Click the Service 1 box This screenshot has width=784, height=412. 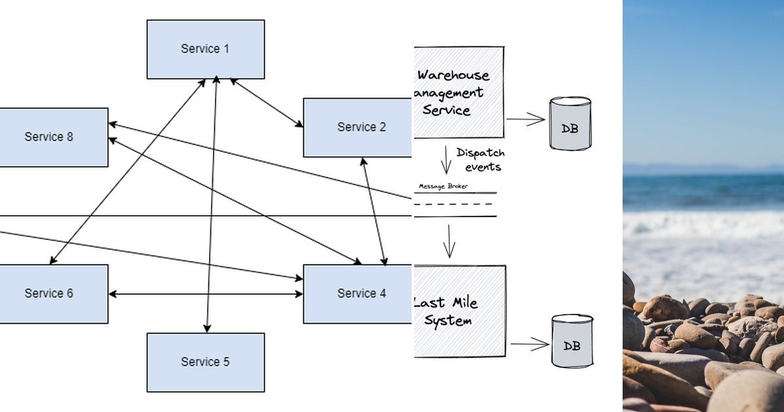click(x=205, y=49)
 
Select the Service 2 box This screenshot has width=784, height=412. click(x=357, y=128)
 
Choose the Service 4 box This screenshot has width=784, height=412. click(x=357, y=294)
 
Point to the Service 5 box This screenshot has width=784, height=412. click(x=205, y=362)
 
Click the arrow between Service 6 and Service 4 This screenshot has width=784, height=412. click(x=205, y=294)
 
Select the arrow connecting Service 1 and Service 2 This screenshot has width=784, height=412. click(x=267, y=103)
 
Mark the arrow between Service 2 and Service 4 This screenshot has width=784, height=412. click(x=374, y=211)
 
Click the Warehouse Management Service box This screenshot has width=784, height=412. click(x=459, y=92)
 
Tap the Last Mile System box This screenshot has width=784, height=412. click(x=459, y=311)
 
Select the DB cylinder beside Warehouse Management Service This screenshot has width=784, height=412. click(x=570, y=124)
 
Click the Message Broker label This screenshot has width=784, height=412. click(x=443, y=186)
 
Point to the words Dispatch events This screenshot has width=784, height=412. click(x=480, y=160)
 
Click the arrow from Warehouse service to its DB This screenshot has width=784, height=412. click(x=526, y=119)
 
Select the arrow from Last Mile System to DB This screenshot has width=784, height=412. click(x=529, y=344)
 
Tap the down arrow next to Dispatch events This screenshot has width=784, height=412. click(x=446, y=160)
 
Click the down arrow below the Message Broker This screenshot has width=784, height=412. click(x=449, y=241)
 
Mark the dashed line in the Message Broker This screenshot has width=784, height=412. click(x=455, y=203)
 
